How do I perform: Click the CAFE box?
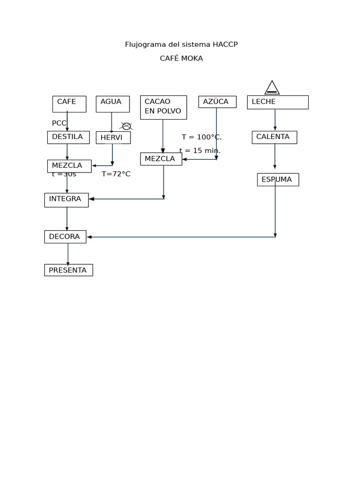[69, 104]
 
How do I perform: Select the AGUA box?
[112, 104]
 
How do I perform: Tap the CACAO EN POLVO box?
[164, 107]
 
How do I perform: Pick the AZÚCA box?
[217, 102]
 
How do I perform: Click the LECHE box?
[277, 102]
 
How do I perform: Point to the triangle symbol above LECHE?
[272, 88]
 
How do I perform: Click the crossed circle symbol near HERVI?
[126, 126]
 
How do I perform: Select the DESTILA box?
[68, 137]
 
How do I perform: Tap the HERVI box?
[113, 138]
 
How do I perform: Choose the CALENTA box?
[274, 137]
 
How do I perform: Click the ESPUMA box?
[277, 180]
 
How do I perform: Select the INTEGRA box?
[66, 199]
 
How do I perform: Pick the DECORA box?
[65, 237]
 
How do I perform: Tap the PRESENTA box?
[69, 270]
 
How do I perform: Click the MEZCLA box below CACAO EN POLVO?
[161, 159]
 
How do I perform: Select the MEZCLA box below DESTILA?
[69, 166]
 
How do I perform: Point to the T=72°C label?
[116, 174]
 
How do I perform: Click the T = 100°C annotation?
[201, 137]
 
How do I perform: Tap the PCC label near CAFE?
[59, 123]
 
